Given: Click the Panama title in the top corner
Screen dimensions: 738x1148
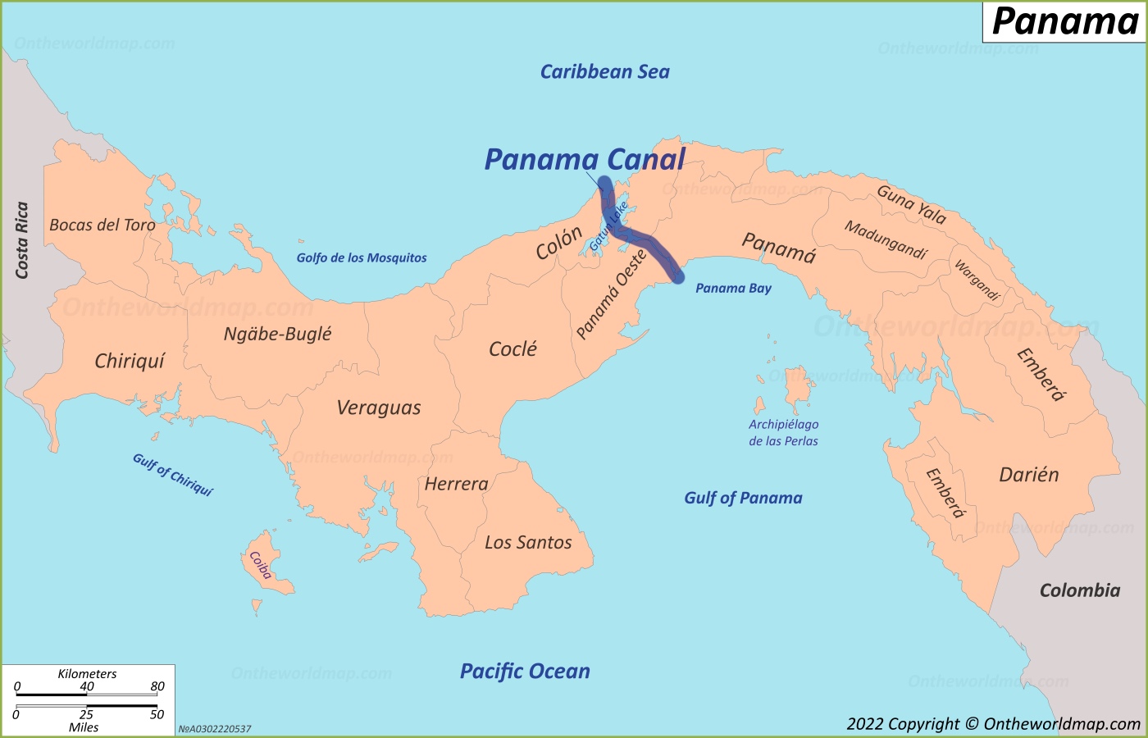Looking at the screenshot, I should click(x=1064, y=21).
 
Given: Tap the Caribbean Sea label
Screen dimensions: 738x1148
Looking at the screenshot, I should click(x=604, y=72).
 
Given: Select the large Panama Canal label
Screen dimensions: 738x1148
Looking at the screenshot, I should click(x=585, y=159).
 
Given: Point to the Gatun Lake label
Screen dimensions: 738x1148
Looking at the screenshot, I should click(x=608, y=226).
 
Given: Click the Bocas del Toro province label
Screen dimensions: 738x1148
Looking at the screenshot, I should click(x=102, y=225).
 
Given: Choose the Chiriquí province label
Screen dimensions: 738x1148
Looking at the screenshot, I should click(x=130, y=361).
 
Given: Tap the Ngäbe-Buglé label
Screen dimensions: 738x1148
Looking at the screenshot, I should click(x=277, y=334).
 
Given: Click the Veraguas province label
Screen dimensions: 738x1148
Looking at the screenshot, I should click(x=379, y=408).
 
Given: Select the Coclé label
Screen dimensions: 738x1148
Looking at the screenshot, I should click(x=512, y=349).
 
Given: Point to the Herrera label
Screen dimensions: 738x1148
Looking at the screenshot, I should click(x=456, y=484).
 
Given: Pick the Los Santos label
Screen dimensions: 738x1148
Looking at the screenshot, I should click(x=528, y=542).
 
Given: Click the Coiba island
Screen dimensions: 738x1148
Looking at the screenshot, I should click(x=261, y=566).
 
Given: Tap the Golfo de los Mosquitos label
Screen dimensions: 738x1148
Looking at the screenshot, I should click(x=362, y=257).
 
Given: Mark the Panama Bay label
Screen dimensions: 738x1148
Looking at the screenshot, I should click(x=733, y=288).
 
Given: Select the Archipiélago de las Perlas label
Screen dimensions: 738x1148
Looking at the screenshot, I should click(x=783, y=432).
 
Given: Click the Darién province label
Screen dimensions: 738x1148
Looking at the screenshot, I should click(x=1028, y=475).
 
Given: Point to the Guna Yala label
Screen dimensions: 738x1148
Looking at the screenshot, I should click(x=911, y=205).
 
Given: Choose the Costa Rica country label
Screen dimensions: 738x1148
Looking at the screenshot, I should click(x=22, y=240).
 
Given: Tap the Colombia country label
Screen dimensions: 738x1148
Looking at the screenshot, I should click(x=1079, y=590).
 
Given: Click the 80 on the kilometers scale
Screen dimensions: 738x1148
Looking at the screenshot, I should click(x=157, y=686).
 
